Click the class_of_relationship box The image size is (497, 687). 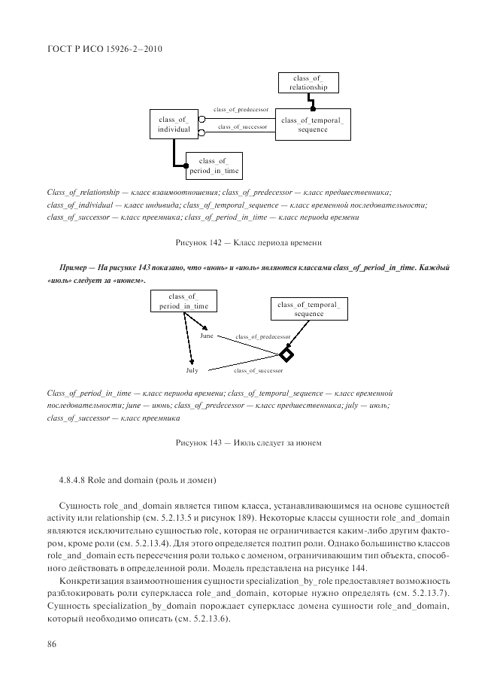(308, 82)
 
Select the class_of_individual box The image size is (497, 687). (174, 125)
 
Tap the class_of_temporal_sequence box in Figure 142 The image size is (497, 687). (312, 125)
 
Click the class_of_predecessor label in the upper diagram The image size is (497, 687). (241, 110)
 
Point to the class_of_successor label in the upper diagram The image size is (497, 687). (242, 127)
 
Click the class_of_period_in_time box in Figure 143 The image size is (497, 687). (183, 302)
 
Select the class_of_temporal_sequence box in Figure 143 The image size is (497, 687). (309, 309)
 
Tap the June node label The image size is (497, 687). (207, 336)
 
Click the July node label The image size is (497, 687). (192, 371)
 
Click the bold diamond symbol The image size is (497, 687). (286, 354)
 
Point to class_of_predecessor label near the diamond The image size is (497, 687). (262, 336)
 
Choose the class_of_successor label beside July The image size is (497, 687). (258, 371)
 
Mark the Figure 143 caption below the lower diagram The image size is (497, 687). (248, 443)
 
